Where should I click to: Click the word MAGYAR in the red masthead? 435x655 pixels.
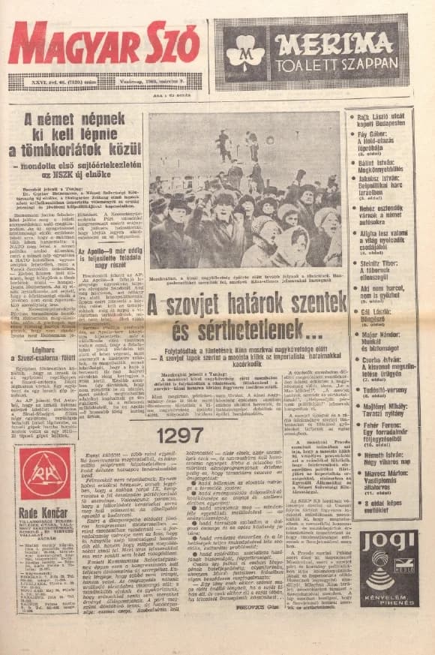(73, 43)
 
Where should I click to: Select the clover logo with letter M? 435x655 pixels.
(244, 51)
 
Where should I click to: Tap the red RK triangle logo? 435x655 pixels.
(45, 473)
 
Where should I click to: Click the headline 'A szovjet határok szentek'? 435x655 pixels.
(247, 306)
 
